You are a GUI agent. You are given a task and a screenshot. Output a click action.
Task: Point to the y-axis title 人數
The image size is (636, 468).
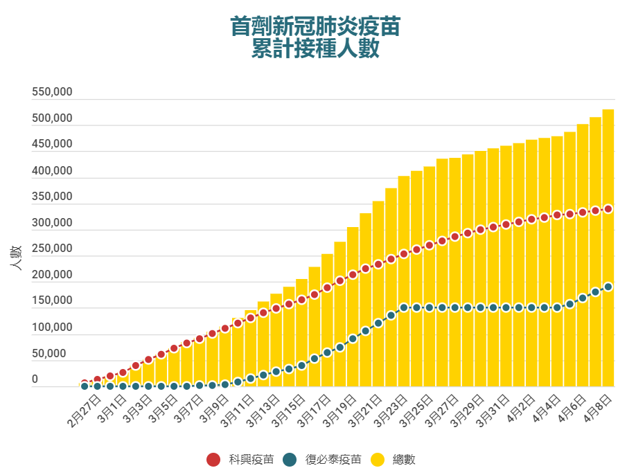click(16, 258)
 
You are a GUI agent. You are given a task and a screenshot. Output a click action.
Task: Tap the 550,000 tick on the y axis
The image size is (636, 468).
click(52, 92)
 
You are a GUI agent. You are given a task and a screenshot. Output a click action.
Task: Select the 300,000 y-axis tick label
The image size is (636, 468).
click(52, 223)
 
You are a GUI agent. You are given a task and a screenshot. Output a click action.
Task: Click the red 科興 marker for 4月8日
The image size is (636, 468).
click(608, 208)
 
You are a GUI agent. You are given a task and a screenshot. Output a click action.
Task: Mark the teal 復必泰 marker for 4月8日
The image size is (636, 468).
click(608, 287)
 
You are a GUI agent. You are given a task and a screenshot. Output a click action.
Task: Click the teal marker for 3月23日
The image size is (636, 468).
click(404, 307)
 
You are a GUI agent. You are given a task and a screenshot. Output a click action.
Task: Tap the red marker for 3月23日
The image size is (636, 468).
click(404, 253)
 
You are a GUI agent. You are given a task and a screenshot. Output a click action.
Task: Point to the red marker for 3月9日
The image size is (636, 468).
click(225, 328)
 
